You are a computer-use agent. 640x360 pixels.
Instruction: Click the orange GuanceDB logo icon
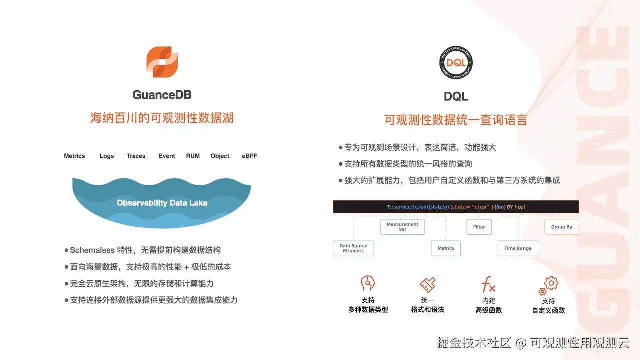[x=162, y=62]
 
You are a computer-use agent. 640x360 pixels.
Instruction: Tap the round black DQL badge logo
[x=456, y=63]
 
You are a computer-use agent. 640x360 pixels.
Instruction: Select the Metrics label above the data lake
[x=74, y=156]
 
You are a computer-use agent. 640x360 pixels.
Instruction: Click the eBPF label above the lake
[x=250, y=156]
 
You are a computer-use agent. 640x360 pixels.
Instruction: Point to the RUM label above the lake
[x=193, y=156]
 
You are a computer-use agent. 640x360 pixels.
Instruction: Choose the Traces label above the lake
[x=136, y=156]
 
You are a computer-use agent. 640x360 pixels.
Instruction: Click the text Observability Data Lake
[x=162, y=203]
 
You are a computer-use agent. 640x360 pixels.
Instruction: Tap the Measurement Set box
[x=402, y=227]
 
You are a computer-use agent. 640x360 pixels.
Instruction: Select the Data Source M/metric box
[x=353, y=248]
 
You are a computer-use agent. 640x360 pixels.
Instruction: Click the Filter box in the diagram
[x=479, y=227]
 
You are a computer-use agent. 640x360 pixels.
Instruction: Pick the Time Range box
[x=518, y=248]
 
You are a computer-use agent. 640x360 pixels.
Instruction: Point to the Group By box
[x=561, y=227]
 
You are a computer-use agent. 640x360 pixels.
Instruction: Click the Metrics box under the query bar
[x=446, y=248]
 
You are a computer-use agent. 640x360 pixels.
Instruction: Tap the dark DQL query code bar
[x=455, y=207]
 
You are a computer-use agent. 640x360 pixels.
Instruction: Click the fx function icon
[x=488, y=285]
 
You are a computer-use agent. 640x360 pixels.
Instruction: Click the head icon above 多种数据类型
[x=368, y=284]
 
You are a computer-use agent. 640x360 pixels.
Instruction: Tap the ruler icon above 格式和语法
[x=427, y=285]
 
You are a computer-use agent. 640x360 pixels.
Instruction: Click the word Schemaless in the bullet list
[x=92, y=250]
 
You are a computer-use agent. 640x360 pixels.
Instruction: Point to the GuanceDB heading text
[x=162, y=95]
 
